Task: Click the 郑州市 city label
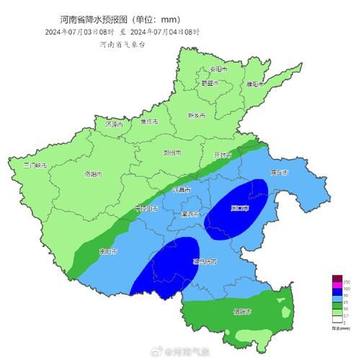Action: coord(173,153)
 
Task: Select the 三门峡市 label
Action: coord(35,166)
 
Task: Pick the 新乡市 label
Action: coord(197,115)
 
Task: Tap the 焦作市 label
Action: coord(149,121)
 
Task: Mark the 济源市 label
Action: coord(114,124)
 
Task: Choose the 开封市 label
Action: coord(223,155)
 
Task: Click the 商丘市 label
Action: coord(278,174)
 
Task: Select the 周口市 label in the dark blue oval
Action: coord(239,209)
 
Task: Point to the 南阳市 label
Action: coord(108,251)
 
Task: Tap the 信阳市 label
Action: coord(241,312)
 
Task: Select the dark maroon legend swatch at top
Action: coord(336,278)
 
